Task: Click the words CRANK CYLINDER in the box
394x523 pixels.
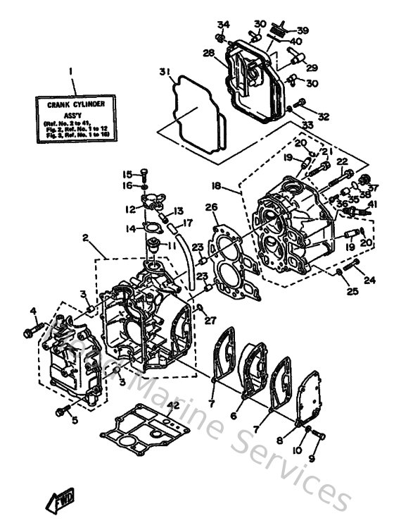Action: pyautogui.click(x=71, y=106)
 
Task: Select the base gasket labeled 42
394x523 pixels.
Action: pyautogui.click(x=140, y=434)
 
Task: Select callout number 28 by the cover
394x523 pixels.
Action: pyautogui.click(x=209, y=53)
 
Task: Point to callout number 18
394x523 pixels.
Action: pyautogui.click(x=216, y=186)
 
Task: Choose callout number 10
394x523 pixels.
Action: pyautogui.click(x=297, y=449)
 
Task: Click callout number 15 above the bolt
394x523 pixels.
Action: pyautogui.click(x=127, y=174)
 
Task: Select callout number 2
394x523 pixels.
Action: pyautogui.click(x=85, y=239)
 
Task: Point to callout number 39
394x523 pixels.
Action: pyautogui.click(x=302, y=30)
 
